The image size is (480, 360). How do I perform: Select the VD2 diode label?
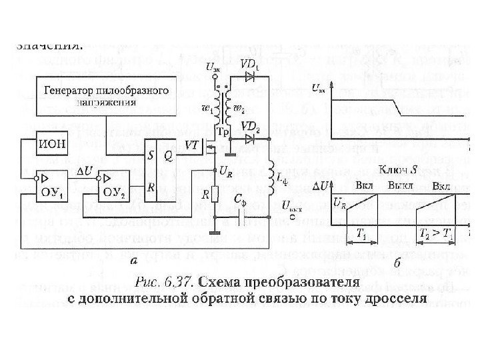(x=251, y=126)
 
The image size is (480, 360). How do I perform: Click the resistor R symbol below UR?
(x=215, y=195)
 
